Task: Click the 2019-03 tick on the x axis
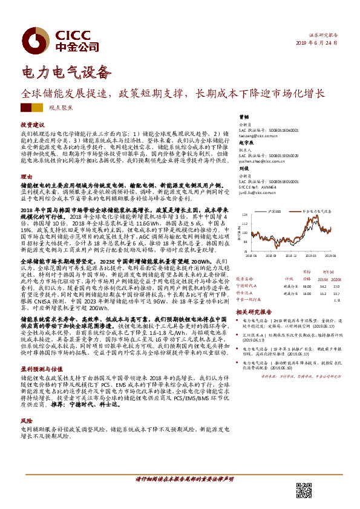tap(296, 256)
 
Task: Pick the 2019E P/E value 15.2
tap(323, 277)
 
